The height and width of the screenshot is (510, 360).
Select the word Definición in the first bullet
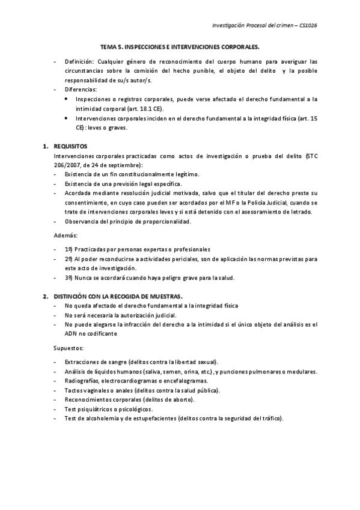(79, 62)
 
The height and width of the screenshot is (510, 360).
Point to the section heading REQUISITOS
(70, 146)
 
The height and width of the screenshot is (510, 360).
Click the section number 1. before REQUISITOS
(45, 146)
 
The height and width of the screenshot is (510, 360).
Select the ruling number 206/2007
(67, 164)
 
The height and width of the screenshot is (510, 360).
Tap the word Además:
(66, 235)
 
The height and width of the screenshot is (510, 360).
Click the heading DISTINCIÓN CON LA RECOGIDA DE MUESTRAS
(118, 296)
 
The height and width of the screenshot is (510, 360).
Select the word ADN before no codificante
(70, 333)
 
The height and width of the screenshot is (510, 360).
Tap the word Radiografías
(81, 381)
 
